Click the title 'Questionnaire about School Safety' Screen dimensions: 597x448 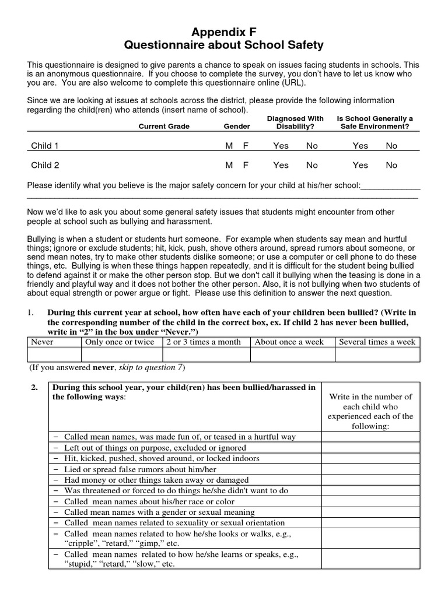(225, 45)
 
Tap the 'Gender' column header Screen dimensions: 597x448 (237, 126)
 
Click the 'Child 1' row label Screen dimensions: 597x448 (45, 146)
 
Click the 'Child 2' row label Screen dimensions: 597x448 (45, 165)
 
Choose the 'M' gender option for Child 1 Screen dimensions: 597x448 (229, 146)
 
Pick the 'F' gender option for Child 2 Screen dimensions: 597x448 (246, 165)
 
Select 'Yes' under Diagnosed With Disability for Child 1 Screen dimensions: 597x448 (281, 146)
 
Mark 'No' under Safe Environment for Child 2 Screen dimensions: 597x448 (391, 165)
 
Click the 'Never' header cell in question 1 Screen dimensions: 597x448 (42, 342)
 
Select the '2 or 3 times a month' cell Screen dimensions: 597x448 (204, 342)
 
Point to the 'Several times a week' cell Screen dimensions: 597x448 (377, 342)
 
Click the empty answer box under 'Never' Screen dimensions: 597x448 (55, 354)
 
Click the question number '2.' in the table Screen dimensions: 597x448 (36, 387)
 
